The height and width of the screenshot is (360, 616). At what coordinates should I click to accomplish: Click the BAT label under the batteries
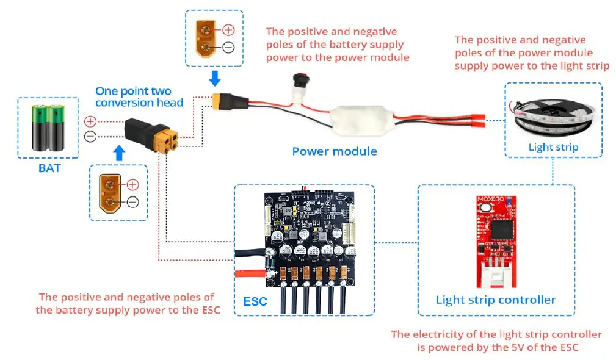(49, 167)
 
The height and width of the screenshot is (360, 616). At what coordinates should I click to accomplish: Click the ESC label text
(255, 301)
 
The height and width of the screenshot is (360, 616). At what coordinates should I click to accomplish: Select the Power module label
(334, 151)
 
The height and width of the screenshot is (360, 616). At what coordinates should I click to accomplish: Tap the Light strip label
(553, 147)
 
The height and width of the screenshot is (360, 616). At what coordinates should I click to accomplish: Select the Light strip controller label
(495, 300)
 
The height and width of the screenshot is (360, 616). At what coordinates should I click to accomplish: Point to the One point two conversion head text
(139, 96)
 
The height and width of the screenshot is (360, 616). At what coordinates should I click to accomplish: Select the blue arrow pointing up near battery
(118, 154)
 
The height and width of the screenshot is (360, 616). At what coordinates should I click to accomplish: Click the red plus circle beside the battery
(90, 121)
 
